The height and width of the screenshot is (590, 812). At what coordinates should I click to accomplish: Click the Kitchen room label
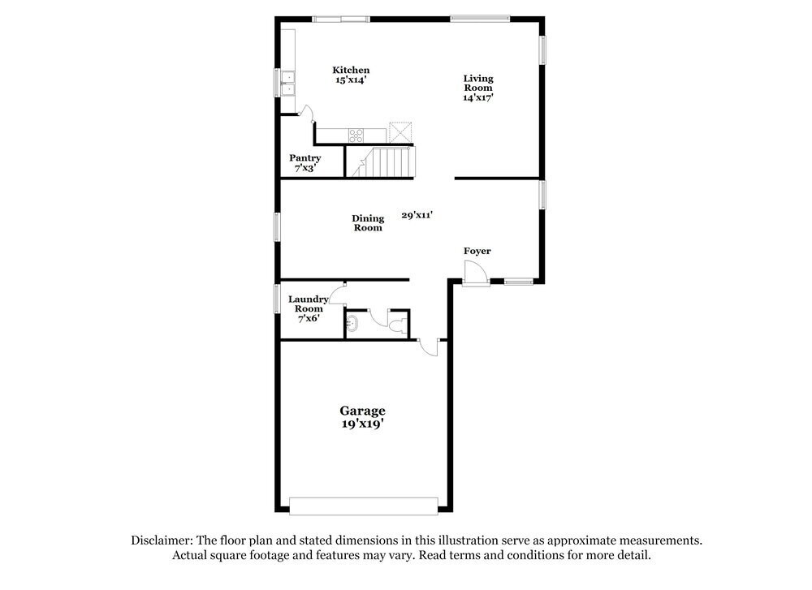pos(351,71)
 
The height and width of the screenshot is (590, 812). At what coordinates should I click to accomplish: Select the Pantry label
pos(305,158)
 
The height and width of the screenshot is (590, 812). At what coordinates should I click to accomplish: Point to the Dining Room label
pos(368,223)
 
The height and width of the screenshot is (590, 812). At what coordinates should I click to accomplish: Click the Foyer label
pos(477,252)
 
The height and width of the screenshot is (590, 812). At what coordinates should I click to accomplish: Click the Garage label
pos(362,411)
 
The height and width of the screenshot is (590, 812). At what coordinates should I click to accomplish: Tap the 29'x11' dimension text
pos(417,215)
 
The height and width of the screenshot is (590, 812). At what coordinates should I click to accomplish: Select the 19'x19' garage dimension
pos(362,424)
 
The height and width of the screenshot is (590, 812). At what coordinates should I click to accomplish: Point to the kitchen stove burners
pos(356,133)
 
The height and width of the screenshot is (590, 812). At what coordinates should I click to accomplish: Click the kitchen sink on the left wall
pos(287,81)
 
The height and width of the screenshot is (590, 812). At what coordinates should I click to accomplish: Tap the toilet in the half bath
pos(396,326)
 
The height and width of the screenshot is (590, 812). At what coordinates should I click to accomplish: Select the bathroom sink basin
pos(351,325)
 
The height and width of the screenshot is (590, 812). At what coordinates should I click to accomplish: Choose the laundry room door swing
pos(337,292)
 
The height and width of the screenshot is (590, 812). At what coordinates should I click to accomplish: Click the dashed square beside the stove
pos(401,132)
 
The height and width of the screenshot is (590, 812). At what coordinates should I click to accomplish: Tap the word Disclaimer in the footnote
pos(161,540)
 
